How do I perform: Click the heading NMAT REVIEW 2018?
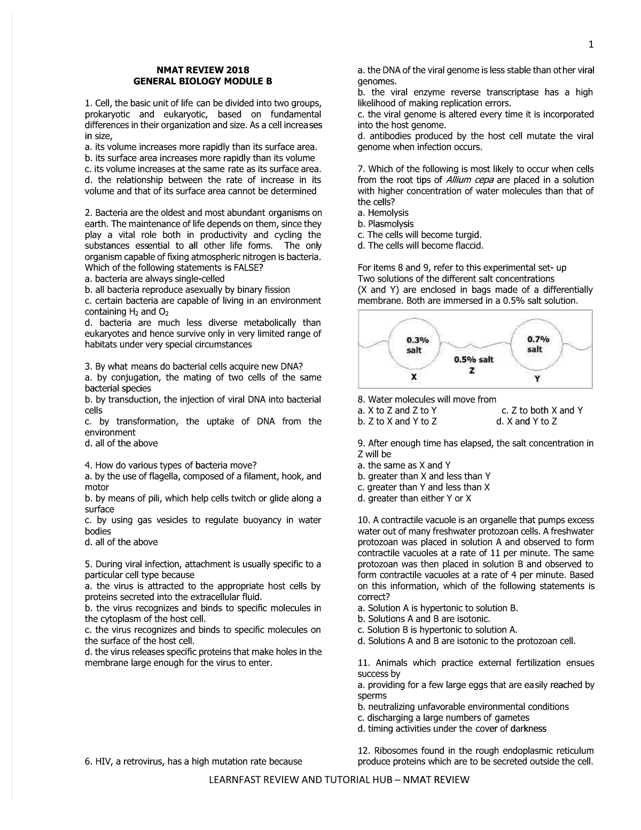point(202,70)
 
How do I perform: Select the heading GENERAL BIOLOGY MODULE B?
point(202,81)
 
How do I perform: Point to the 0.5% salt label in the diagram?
point(473,360)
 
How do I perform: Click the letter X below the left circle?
point(414,377)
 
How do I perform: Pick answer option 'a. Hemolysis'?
point(382,213)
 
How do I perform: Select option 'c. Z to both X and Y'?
point(542,410)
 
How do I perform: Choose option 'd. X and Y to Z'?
point(527,422)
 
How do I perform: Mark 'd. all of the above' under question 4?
point(121,542)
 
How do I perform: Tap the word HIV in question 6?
point(103,761)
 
